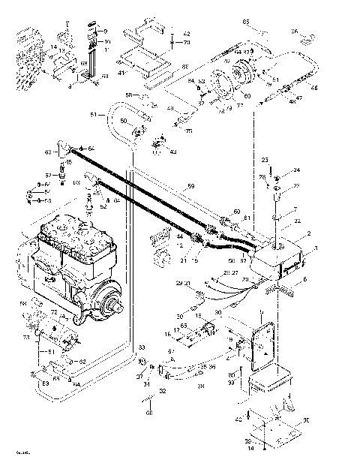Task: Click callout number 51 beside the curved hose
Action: coord(93,115)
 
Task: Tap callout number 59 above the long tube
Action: coord(190,185)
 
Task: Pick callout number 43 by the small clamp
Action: coord(172,152)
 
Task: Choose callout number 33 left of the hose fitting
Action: coord(141,347)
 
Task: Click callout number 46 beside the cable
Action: coord(313,89)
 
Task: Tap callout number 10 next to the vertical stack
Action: coord(107,41)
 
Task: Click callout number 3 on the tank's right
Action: coord(315,248)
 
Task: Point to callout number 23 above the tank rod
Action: coord(265,160)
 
